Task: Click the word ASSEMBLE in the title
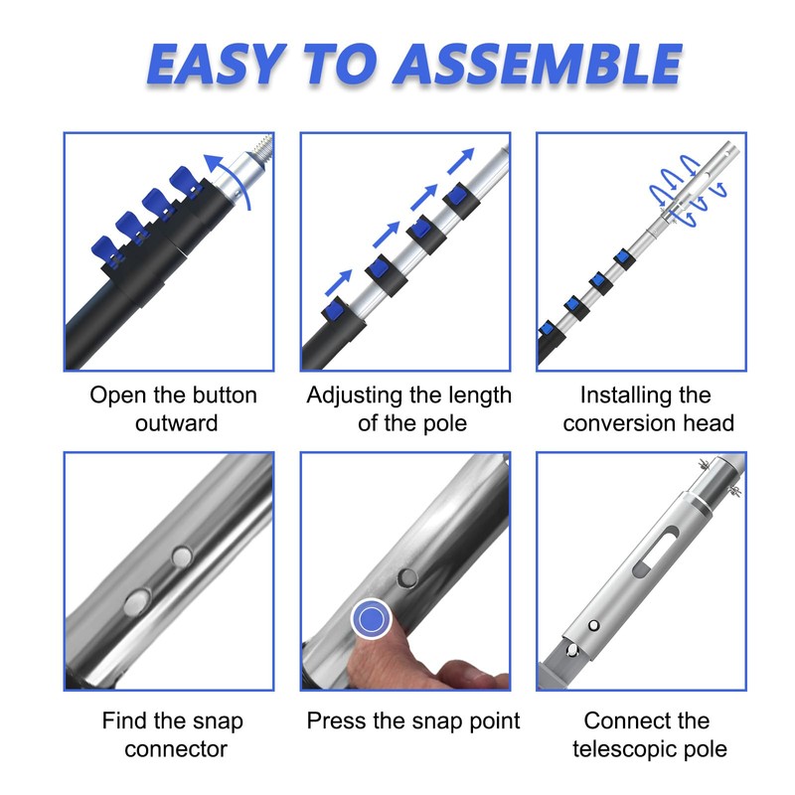[538, 64]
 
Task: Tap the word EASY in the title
[216, 64]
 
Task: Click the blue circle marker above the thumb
[371, 618]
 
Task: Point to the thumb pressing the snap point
[376, 658]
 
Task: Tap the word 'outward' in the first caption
[177, 423]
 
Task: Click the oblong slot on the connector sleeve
[655, 552]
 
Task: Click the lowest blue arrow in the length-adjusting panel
[338, 282]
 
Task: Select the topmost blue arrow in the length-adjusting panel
[460, 161]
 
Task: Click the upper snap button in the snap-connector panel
[183, 556]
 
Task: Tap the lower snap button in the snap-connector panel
[137, 602]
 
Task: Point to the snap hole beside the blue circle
[407, 577]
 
